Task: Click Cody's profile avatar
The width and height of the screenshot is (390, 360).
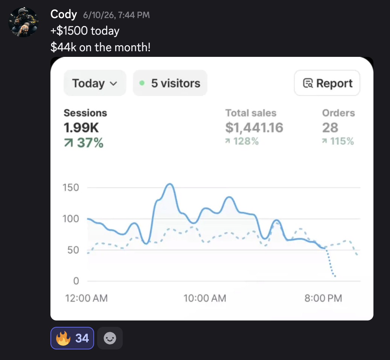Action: (23, 22)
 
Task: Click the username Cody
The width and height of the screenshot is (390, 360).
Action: (64, 14)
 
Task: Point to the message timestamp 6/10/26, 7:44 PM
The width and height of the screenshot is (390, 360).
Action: (116, 15)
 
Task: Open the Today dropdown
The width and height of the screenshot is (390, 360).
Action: (95, 83)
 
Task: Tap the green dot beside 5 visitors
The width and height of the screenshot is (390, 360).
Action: (142, 83)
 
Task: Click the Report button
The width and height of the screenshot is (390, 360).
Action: (327, 83)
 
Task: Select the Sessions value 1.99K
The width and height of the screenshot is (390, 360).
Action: (81, 128)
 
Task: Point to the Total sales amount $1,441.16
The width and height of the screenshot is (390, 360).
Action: (254, 128)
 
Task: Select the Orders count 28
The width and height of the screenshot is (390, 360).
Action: (330, 128)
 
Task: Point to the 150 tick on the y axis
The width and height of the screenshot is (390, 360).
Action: (71, 188)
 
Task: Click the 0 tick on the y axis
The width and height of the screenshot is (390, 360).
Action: (76, 281)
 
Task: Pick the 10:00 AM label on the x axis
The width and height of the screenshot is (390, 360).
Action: (205, 298)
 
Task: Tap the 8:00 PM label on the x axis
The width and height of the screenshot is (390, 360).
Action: (323, 298)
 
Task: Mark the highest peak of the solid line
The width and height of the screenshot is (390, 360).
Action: (170, 184)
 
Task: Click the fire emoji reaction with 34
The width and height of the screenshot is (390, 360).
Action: (72, 338)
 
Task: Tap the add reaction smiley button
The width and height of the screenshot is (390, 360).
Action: (110, 338)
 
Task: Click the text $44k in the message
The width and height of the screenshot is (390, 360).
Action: (63, 47)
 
